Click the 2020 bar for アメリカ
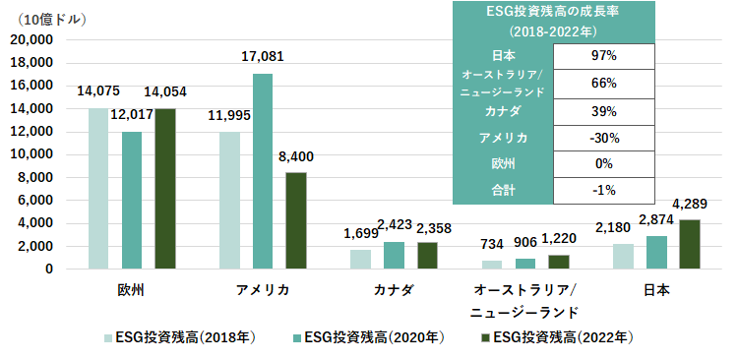(x=263, y=171)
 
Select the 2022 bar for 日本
(x=690, y=245)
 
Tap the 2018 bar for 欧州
(x=98, y=188)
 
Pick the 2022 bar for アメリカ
(x=296, y=220)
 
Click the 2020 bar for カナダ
(x=394, y=255)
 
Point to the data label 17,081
(x=263, y=58)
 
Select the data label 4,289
(x=690, y=205)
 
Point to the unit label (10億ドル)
(x=52, y=19)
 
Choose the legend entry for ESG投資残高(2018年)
(x=181, y=337)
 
